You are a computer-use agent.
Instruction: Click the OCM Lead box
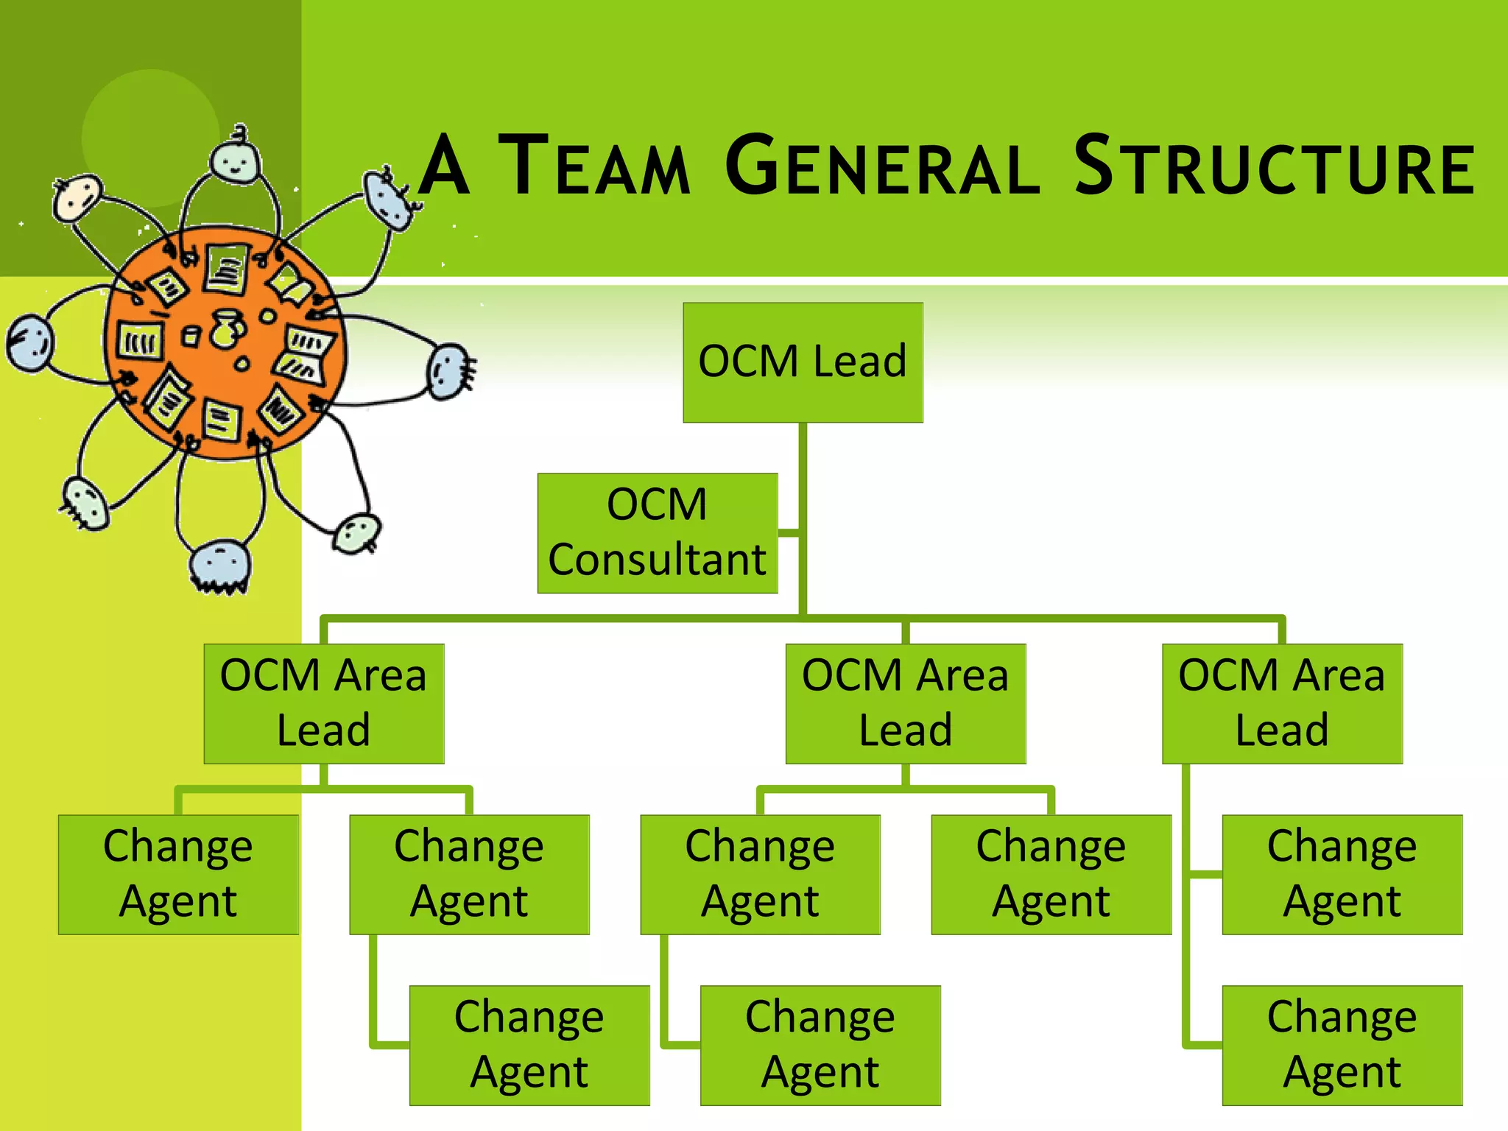[x=803, y=362]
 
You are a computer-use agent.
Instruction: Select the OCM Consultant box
[x=657, y=533]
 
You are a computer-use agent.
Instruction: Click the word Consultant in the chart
[x=657, y=560]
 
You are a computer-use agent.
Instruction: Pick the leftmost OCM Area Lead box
[x=324, y=703]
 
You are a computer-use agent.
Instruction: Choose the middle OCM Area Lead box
[x=906, y=703]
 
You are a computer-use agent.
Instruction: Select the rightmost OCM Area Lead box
[x=1282, y=703]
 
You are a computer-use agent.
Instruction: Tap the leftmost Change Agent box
[x=178, y=874]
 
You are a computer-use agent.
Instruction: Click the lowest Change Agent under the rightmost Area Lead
[x=1342, y=1045]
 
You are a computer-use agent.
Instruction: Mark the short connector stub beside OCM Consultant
[x=789, y=532]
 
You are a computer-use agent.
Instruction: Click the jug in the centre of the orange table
[x=226, y=328]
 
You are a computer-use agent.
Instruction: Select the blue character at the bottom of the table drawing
[x=219, y=565]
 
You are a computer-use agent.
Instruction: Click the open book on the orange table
[x=292, y=284]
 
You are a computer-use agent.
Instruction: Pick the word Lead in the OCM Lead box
[x=859, y=362]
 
